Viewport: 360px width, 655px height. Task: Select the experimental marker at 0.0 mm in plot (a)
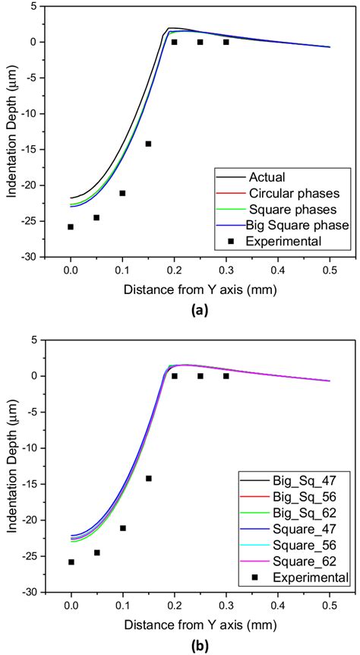pos(71,226)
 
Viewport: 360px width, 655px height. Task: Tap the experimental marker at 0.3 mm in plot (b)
pos(226,375)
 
